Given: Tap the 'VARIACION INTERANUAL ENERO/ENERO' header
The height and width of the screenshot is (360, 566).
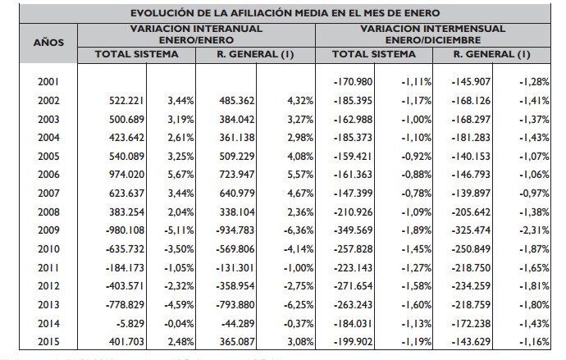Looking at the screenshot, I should click(196, 34).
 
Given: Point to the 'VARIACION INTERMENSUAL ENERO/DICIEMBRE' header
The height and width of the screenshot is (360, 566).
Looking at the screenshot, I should click(433, 34).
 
